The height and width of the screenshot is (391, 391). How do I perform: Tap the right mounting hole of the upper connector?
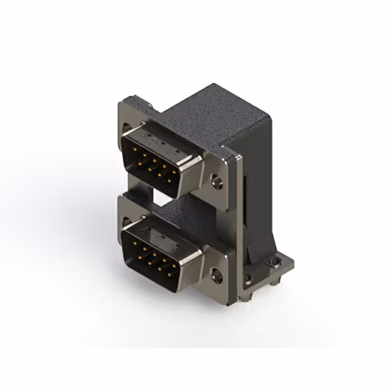215,180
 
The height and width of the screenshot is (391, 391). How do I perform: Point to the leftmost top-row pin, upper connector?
133,148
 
